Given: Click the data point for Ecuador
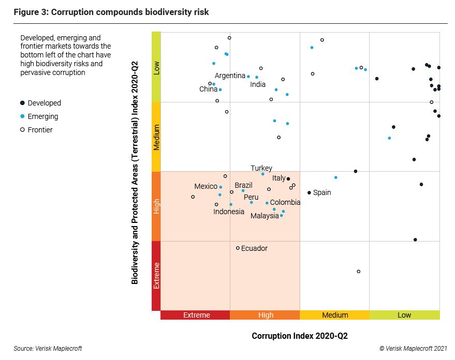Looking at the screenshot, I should [238, 248].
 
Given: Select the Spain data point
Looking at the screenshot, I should [310, 192].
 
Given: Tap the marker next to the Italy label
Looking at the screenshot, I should [288, 179].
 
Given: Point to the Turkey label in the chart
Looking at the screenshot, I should [261, 168].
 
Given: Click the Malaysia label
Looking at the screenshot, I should [265, 216].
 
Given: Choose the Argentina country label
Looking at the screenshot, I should [230, 76].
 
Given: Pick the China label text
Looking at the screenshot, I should [208, 89].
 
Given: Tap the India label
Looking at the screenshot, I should [258, 84].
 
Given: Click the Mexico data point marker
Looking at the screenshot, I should [221, 187].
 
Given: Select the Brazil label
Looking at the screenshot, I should [243, 185].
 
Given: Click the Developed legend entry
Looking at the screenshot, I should [44, 103].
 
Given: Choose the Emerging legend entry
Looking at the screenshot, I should [42, 116].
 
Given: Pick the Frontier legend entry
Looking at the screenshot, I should [40, 130].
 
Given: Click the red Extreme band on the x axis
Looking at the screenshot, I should [196, 315].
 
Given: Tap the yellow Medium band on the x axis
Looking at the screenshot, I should [334, 315].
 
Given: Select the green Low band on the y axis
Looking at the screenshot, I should [156, 67].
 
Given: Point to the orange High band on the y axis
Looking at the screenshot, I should [156, 206].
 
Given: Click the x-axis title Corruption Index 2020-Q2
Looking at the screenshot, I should [300, 336].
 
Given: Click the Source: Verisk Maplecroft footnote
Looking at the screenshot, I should [48, 349].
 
